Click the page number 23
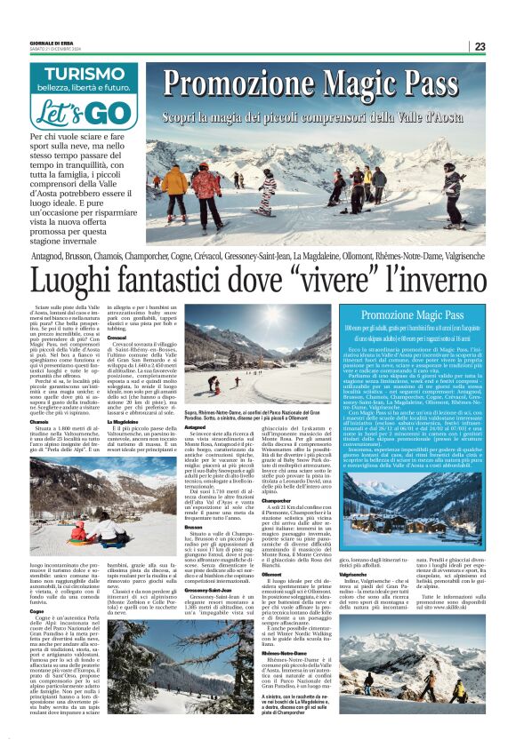504,46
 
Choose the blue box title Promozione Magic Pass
412,315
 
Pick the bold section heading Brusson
194,501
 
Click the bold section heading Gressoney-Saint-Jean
209,589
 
